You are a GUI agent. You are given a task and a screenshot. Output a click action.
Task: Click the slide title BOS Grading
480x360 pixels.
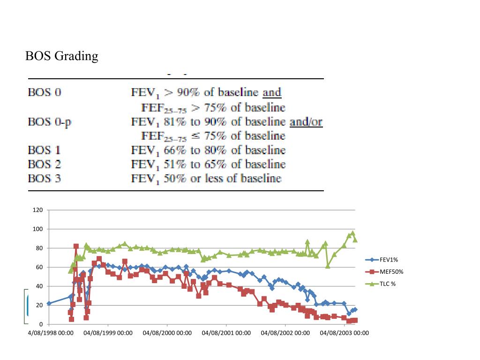pos(61,56)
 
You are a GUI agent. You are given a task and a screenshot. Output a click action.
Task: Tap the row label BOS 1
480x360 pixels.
pos(44,150)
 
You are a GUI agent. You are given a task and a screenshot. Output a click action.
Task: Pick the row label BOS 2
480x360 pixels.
pos(44,165)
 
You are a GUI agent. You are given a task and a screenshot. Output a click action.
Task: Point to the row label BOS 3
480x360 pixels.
pos(44,179)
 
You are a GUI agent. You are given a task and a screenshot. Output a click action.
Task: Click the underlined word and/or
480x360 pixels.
pos(306,122)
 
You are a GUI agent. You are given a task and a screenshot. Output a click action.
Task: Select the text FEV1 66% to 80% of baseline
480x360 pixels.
pos(208,150)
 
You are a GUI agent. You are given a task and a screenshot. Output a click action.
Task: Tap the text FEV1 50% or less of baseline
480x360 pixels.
pos(206,179)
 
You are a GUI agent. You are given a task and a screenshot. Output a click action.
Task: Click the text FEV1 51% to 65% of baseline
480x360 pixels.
pos(208,165)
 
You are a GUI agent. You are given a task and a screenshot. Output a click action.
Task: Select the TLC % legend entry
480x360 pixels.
pos(387,284)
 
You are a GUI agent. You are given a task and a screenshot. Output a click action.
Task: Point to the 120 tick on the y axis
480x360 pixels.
pos(37,210)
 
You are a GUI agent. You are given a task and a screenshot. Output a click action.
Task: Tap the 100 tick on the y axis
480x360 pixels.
pos(37,229)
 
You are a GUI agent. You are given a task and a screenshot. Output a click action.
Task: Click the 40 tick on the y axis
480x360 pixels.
pos(39,286)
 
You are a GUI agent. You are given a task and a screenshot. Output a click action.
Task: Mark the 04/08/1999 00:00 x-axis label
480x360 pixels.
pos(108,333)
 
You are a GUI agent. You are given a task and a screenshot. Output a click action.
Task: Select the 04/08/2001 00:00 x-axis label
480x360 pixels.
pos(226,333)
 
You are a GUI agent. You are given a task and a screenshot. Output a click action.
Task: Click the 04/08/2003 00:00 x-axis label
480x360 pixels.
pos(345,333)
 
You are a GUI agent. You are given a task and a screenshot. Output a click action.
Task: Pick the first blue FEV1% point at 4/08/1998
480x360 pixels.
pos(49,303)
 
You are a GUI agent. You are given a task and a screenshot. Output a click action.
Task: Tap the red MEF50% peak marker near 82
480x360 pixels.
pos(76,246)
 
